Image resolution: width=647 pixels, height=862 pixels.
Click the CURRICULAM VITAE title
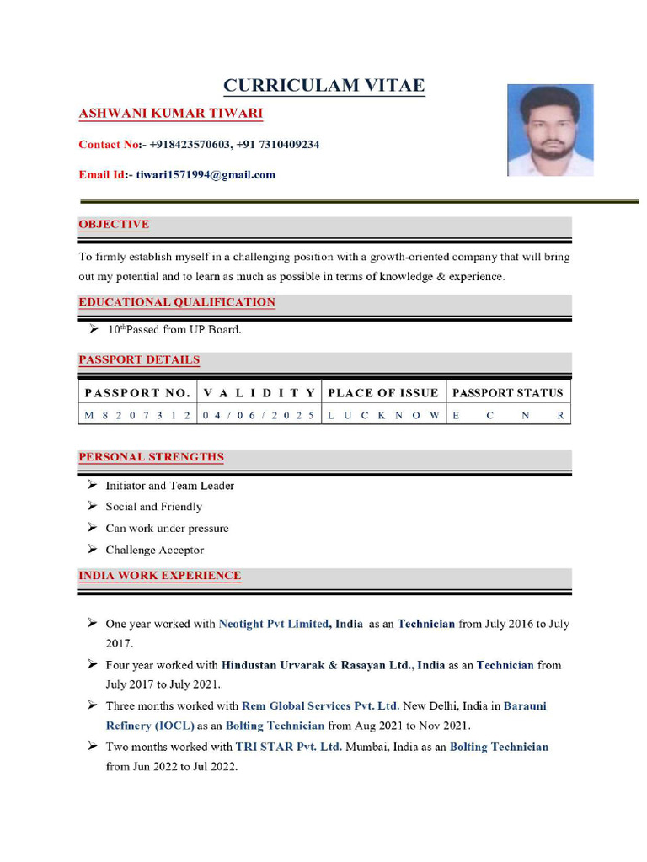(x=323, y=86)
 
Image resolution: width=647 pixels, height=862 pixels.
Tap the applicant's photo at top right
(x=550, y=130)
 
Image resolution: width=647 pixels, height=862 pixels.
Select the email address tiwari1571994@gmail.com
(x=206, y=175)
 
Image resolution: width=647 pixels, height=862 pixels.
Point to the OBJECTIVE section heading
(x=114, y=225)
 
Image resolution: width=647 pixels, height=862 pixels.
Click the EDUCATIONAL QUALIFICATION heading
(x=177, y=302)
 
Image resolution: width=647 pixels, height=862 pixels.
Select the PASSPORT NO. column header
(x=137, y=393)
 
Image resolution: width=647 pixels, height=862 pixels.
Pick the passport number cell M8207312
(x=137, y=416)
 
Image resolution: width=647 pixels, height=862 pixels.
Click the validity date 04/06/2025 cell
(x=259, y=416)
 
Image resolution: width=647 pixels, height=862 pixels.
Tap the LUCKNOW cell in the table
(x=383, y=416)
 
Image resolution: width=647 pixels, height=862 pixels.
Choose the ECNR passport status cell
(x=508, y=416)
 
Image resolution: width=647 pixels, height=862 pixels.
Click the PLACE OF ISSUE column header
(x=383, y=393)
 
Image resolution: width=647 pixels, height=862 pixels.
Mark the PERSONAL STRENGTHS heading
(x=152, y=458)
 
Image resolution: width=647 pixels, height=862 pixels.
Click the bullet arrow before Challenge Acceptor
(x=92, y=550)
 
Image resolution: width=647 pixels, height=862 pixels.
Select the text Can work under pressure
(x=167, y=529)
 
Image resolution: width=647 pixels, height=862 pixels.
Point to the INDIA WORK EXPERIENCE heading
(x=160, y=577)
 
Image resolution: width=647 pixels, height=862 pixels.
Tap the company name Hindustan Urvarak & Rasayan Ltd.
(x=333, y=665)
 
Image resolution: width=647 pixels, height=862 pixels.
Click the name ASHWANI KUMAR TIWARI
(x=171, y=114)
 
